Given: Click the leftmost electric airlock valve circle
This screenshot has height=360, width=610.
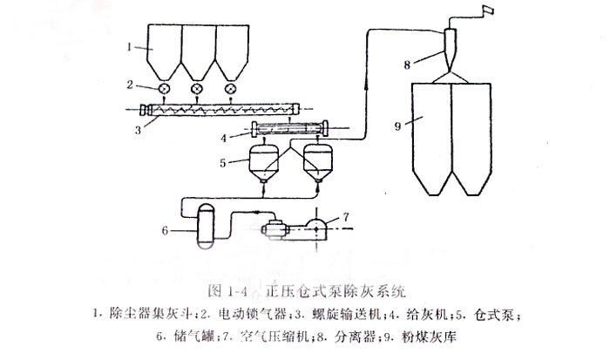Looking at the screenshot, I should click(x=162, y=89).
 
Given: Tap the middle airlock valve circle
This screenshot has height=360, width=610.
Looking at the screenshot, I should click(x=196, y=89).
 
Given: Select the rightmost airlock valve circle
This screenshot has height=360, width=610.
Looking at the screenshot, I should click(x=230, y=89).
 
